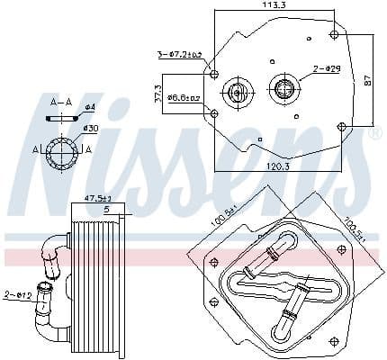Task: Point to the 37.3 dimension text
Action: point(159,93)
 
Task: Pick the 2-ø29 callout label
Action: point(327,69)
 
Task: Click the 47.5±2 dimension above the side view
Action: point(97,198)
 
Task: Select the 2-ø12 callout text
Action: point(17,295)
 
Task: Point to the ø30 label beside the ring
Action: point(90,129)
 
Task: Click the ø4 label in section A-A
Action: point(89,108)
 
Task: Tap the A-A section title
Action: point(62,102)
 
